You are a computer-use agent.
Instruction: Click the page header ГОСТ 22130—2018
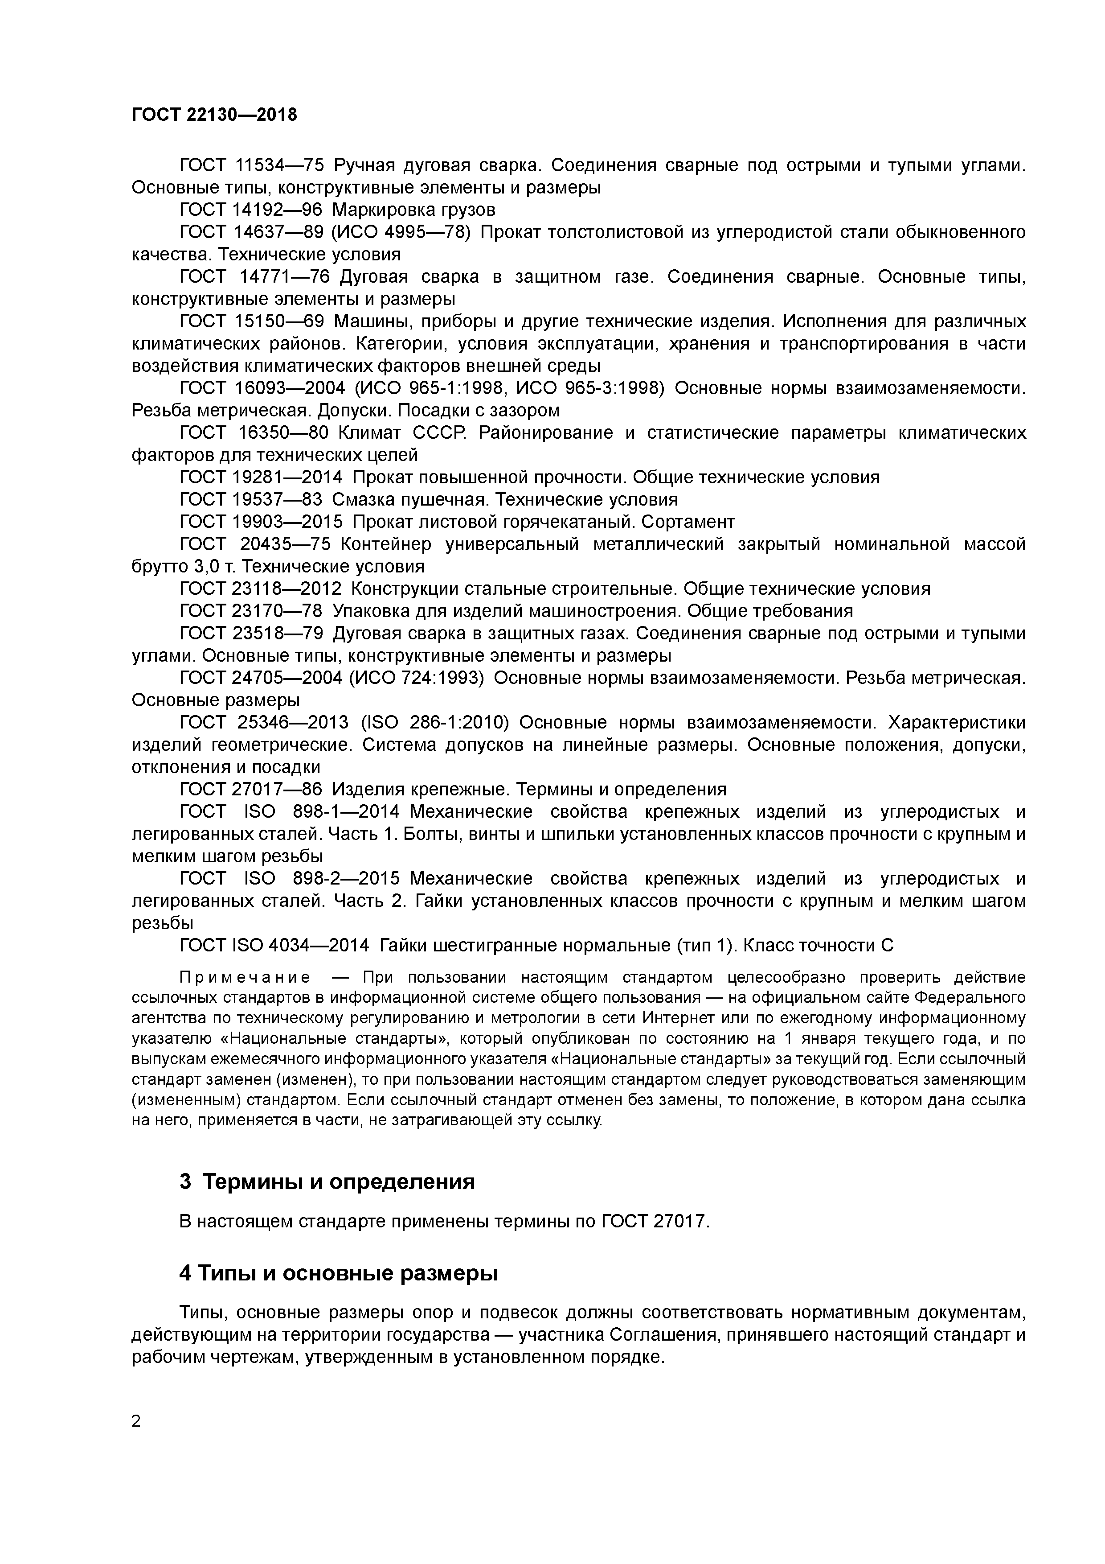[214, 115]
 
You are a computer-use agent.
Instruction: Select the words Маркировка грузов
[413, 210]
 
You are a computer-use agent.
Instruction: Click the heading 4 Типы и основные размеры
[338, 1273]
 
